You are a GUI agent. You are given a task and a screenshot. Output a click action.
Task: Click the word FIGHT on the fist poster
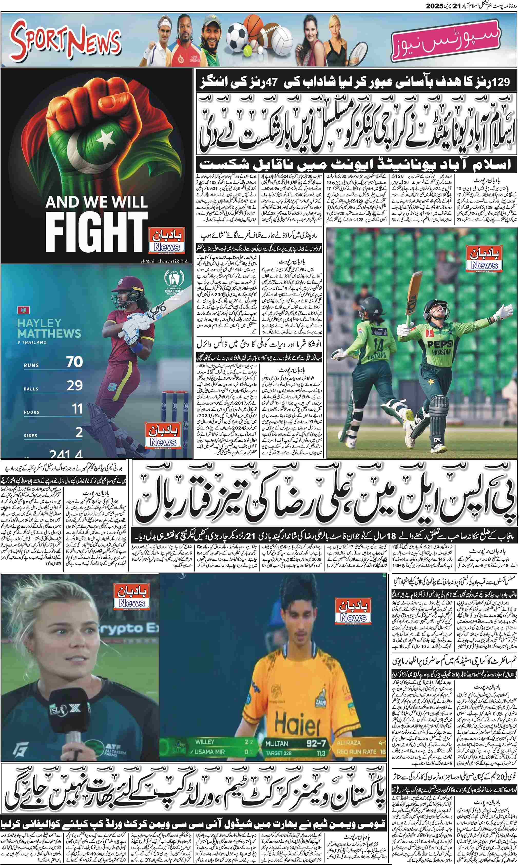pos(96,232)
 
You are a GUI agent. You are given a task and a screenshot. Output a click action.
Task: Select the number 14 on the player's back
pos(378,347)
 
